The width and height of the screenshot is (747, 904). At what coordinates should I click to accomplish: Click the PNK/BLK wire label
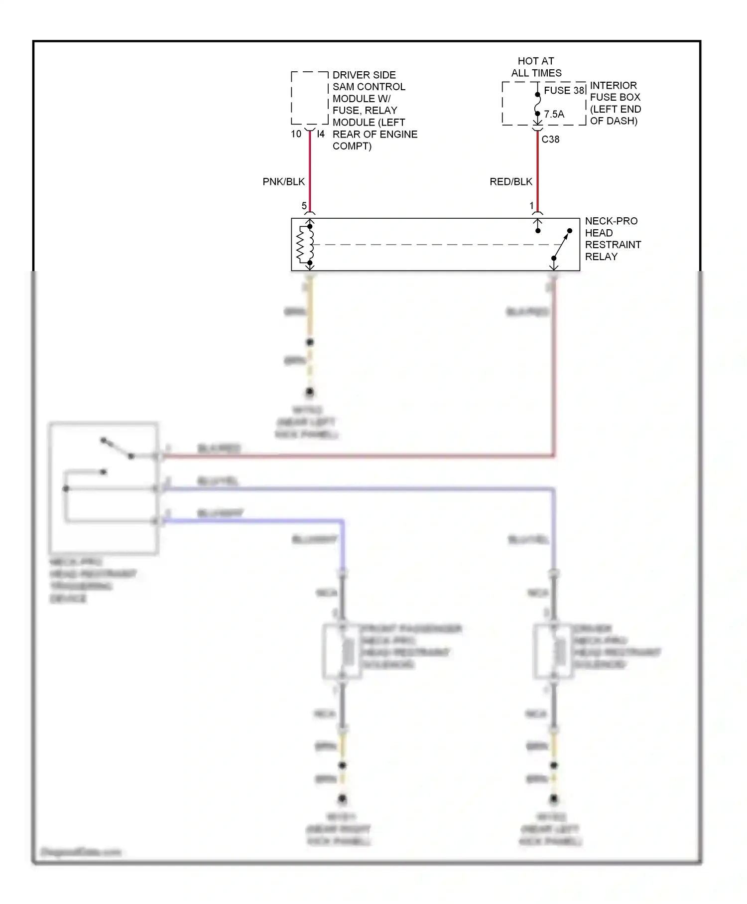point(283,181)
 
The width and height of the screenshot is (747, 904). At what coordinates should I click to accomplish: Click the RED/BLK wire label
point(510,181)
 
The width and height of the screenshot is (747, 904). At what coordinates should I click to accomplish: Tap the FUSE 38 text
point(564,91)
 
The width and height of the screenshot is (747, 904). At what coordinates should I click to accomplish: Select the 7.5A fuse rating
point(554,114)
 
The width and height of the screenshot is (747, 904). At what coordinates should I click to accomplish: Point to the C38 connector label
point(550,140)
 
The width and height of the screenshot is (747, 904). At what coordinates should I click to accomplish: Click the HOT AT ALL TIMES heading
point(536,67)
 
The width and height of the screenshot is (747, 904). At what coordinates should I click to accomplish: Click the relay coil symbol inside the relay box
point(303,244)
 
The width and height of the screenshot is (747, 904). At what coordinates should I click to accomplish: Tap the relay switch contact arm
point(562,244)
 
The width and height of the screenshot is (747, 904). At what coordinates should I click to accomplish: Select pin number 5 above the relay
point(304,206)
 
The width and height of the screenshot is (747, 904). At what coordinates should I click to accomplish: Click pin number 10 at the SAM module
point(296,134)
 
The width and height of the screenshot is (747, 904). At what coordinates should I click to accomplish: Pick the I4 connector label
point(321,134)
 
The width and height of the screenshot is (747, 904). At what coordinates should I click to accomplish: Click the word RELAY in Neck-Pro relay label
point(601,257)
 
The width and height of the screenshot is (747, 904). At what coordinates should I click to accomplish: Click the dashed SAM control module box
point(309,98)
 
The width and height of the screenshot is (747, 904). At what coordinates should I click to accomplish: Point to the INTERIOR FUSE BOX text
point(615,103)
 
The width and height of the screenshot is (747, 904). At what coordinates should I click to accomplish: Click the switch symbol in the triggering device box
point(118,448)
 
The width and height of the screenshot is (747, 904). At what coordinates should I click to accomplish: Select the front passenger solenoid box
point(342,651)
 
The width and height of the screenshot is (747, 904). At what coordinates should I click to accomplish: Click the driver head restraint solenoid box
point(553,651)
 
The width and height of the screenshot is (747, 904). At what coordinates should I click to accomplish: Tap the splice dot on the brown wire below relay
point(310,342)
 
